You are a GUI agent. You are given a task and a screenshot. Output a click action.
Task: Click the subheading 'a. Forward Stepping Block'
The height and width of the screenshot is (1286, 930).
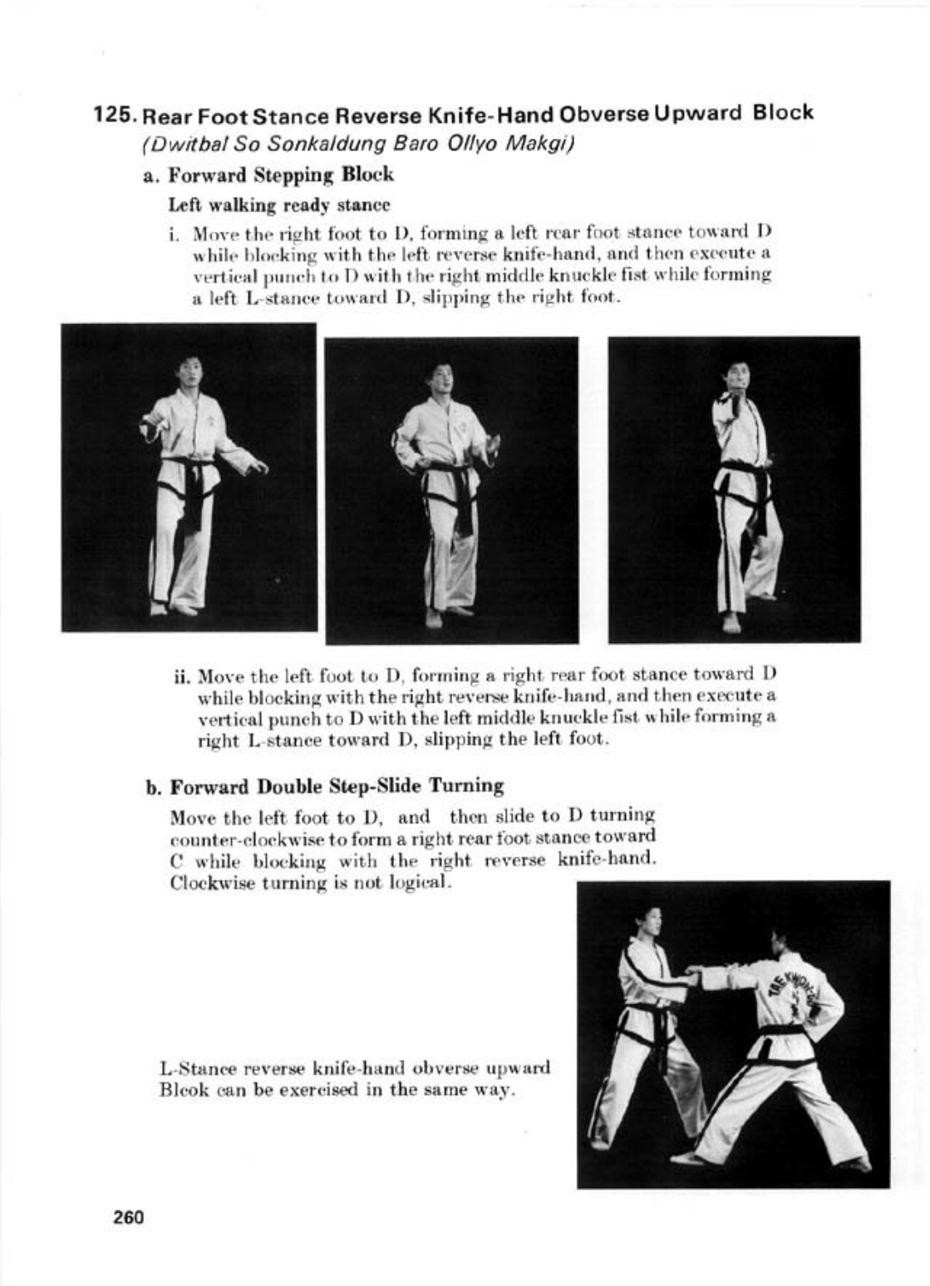click(x=268, y=175)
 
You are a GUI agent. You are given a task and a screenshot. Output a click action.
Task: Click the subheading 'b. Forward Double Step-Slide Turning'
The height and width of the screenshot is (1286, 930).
click(x=325, y=786)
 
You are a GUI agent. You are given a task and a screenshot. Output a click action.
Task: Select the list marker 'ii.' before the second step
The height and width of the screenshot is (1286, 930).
click(x=183, y=674)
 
